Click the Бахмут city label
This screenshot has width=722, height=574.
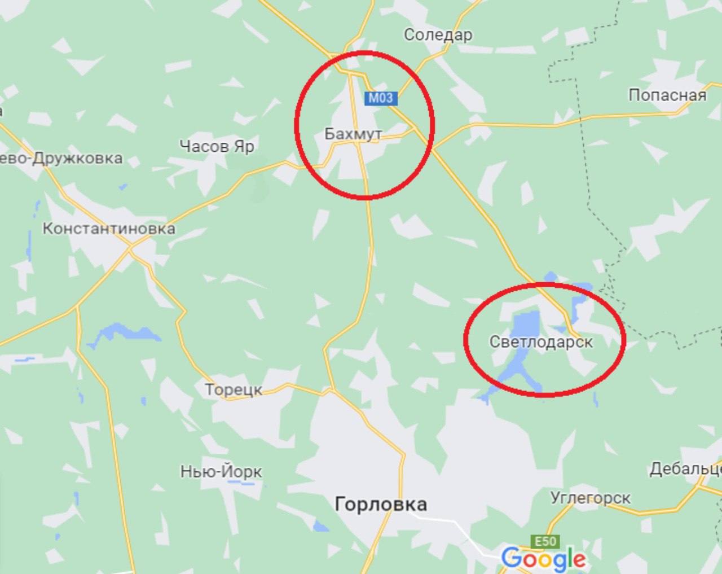pos(353,134)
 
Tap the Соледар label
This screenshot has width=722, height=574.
pos(438,35)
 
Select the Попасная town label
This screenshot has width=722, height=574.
pos(667,95)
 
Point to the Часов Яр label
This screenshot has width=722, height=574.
pos(217,147)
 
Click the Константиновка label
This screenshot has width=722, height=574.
pos(109,229)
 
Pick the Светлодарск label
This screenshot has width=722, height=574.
pos(541,342)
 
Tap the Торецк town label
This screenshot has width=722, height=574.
pos(234,389)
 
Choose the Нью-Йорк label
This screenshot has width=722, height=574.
pos(221,471)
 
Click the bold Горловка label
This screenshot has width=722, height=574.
pos(381,503)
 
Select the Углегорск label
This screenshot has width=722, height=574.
pos(590,498)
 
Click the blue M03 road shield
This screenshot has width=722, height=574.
pos(381,98)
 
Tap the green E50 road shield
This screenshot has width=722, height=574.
pos(545,542)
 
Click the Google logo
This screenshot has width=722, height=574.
pos(543,559)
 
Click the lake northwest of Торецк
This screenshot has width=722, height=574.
pos(121,332)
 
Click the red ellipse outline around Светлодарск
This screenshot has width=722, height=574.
pos(624,339)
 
